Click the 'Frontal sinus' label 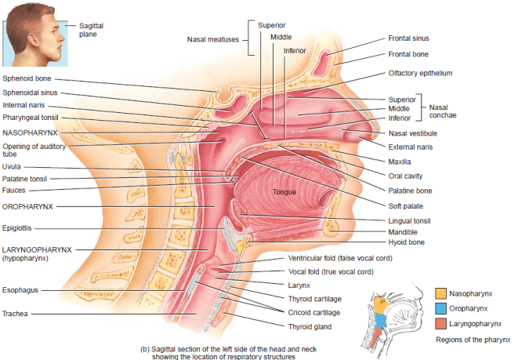408,38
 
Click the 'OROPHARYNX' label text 27,207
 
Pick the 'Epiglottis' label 18,228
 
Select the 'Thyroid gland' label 310,325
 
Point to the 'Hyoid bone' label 406,243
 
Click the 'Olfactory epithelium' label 420,73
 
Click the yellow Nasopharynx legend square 440,293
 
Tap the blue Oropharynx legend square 440,308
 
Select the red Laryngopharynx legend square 440,323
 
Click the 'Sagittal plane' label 90,30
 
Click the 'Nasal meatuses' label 214,39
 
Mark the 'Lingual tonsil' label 410,221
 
